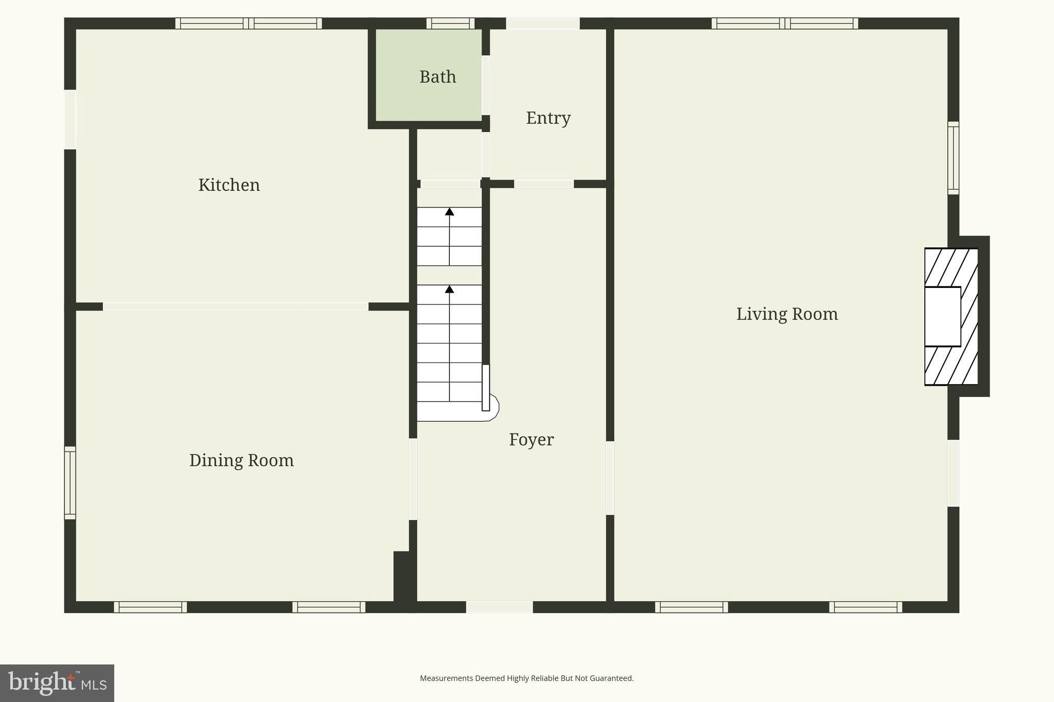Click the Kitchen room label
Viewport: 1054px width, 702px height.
229,185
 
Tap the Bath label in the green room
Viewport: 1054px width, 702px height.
437,77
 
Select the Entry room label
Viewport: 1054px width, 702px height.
548,118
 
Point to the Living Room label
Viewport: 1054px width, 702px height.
786,314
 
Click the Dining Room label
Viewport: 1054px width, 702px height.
241,460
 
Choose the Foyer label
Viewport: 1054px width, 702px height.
531,440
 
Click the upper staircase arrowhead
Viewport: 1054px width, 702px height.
449,211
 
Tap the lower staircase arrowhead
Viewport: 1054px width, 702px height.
449,289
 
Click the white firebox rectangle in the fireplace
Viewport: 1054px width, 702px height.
942,316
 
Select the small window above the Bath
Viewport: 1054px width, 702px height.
450,23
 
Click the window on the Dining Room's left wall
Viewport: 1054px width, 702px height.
70,482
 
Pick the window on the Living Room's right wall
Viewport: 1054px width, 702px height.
953,158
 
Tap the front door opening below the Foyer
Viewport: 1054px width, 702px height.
499,607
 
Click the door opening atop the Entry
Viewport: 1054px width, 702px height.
542,24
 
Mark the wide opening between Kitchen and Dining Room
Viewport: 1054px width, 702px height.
235,307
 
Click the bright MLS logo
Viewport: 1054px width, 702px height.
57,683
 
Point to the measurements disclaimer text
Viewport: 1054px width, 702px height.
526,678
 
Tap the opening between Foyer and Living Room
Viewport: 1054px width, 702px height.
610,478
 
